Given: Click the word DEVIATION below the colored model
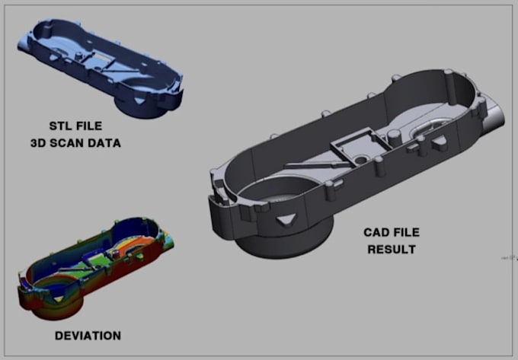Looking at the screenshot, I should click(x=87, y=335).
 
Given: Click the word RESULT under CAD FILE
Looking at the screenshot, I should click(x=392, y=249).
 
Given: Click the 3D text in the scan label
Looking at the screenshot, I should click(x=39, y=142).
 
